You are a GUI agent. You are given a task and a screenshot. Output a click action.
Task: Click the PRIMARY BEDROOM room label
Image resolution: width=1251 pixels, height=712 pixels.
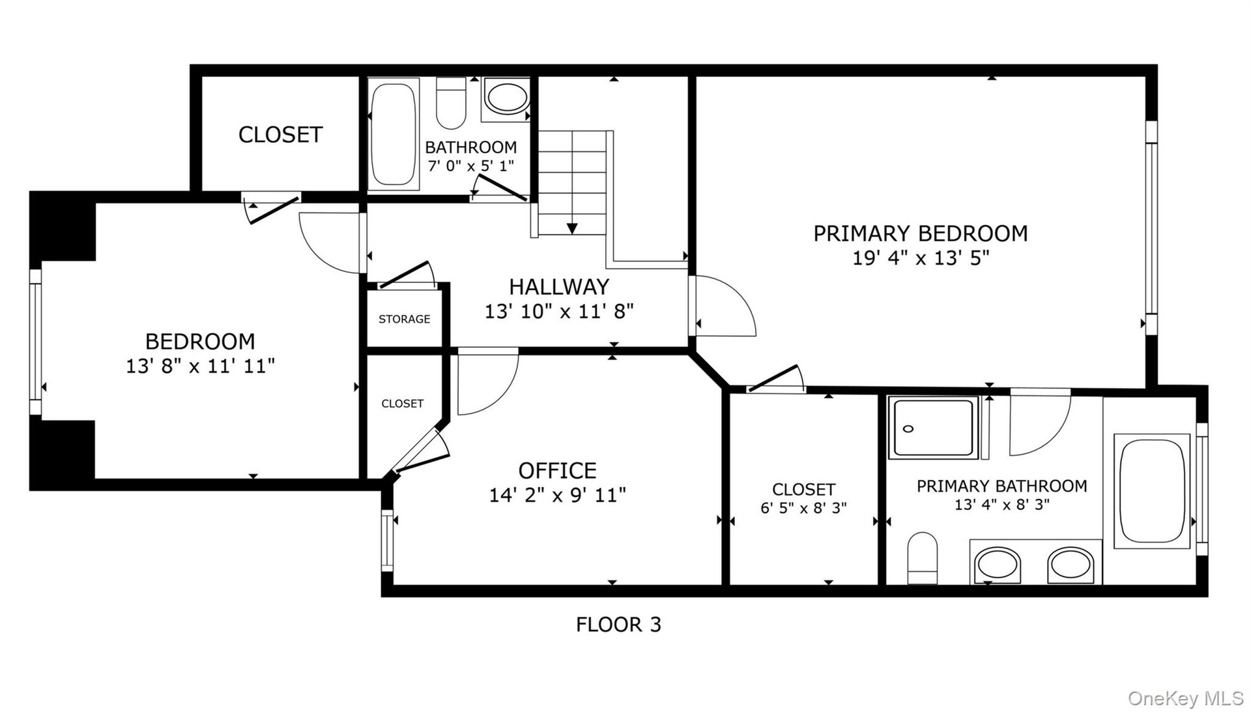pos(920,233)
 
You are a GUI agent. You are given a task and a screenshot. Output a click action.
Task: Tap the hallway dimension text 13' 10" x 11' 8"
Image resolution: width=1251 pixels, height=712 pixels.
pos(559,312)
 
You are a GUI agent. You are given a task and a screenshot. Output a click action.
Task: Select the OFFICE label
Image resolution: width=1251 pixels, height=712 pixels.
pos(557,470)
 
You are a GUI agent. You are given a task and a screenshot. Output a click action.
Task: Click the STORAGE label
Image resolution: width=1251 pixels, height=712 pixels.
pos(404,319)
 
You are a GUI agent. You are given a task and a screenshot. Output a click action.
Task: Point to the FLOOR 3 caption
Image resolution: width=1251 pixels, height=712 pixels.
pos(618,625)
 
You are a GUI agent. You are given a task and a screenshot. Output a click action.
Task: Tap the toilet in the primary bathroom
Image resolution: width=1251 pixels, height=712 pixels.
pos(922,558)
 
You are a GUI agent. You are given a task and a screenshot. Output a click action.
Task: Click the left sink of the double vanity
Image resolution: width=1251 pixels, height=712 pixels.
pos(996,565)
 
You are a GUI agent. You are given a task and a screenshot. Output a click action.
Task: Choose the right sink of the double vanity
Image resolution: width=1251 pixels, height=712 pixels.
pos(1071,565)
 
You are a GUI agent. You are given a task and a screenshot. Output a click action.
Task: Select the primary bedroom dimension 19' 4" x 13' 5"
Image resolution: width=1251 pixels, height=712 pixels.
pos(921,258)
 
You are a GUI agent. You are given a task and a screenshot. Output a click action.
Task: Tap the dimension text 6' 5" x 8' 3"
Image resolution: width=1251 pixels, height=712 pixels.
pos(803,507)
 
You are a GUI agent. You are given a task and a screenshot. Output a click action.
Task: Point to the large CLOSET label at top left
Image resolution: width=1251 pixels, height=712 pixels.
pos(280,135)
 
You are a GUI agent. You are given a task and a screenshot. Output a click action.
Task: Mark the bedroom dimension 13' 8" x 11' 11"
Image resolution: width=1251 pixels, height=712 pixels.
pos(200,366)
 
